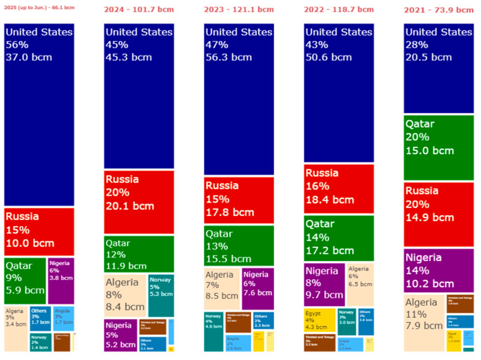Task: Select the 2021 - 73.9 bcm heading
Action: pyautogui.click(x=440, y=10)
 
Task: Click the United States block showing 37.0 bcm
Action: pyautogui.click(x=39, y=114)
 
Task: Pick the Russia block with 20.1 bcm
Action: pyautogui.click(x=139, y=202)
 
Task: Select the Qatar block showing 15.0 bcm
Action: pyautogui.click(x=439, y=147)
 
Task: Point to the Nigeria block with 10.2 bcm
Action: pyautogui.click(x=439, y=270)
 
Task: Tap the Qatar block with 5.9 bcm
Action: pyautogui.click(x=25, y=280)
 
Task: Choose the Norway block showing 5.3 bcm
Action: pyautogui.click(x=161, y=295)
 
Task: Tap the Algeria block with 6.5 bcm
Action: pyautogui.click(x=360, y=284)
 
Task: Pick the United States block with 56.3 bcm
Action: pyautogui.click(x=239, y=99)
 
